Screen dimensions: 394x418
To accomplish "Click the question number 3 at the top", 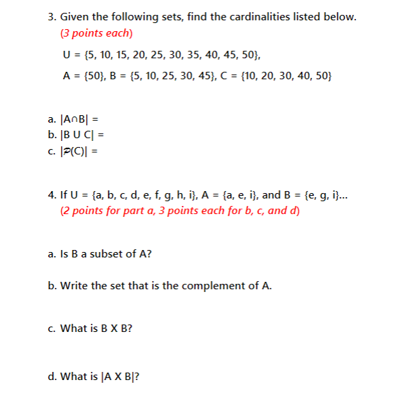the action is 52,17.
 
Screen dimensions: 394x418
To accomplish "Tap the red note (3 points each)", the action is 96,33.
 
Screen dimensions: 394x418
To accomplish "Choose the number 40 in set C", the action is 300,75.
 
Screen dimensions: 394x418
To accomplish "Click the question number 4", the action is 52,195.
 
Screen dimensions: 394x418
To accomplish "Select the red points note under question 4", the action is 180,211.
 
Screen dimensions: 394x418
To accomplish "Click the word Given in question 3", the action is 75,17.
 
